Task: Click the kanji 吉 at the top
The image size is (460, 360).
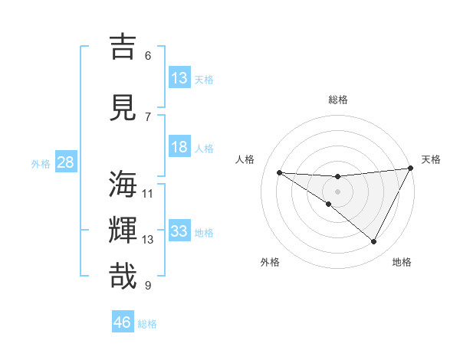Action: point(123,47)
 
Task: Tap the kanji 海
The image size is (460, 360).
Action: point(123,185)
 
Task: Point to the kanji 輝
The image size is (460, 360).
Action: point(123,231)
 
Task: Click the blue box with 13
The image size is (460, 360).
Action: point(179,78)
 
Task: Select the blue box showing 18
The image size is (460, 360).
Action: point(179,147)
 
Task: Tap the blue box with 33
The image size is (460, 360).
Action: point(179,231)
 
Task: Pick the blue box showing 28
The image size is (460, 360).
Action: point(64,162)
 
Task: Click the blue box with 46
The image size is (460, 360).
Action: point(123,322)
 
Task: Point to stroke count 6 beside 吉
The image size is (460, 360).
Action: point(148,55)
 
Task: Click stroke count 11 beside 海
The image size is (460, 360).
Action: point(148,193)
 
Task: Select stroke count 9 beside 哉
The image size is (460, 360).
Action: point(148,286)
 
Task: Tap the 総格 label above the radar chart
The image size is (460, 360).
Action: point(337,100)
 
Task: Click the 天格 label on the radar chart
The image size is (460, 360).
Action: point(431,159)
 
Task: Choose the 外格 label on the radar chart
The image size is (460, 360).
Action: point(270,262)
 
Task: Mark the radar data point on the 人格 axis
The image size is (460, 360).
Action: point(280,172)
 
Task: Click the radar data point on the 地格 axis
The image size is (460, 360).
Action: point(374,242)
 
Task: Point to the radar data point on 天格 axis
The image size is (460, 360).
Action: point(411,169)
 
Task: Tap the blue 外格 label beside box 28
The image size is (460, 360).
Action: point(40,163)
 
